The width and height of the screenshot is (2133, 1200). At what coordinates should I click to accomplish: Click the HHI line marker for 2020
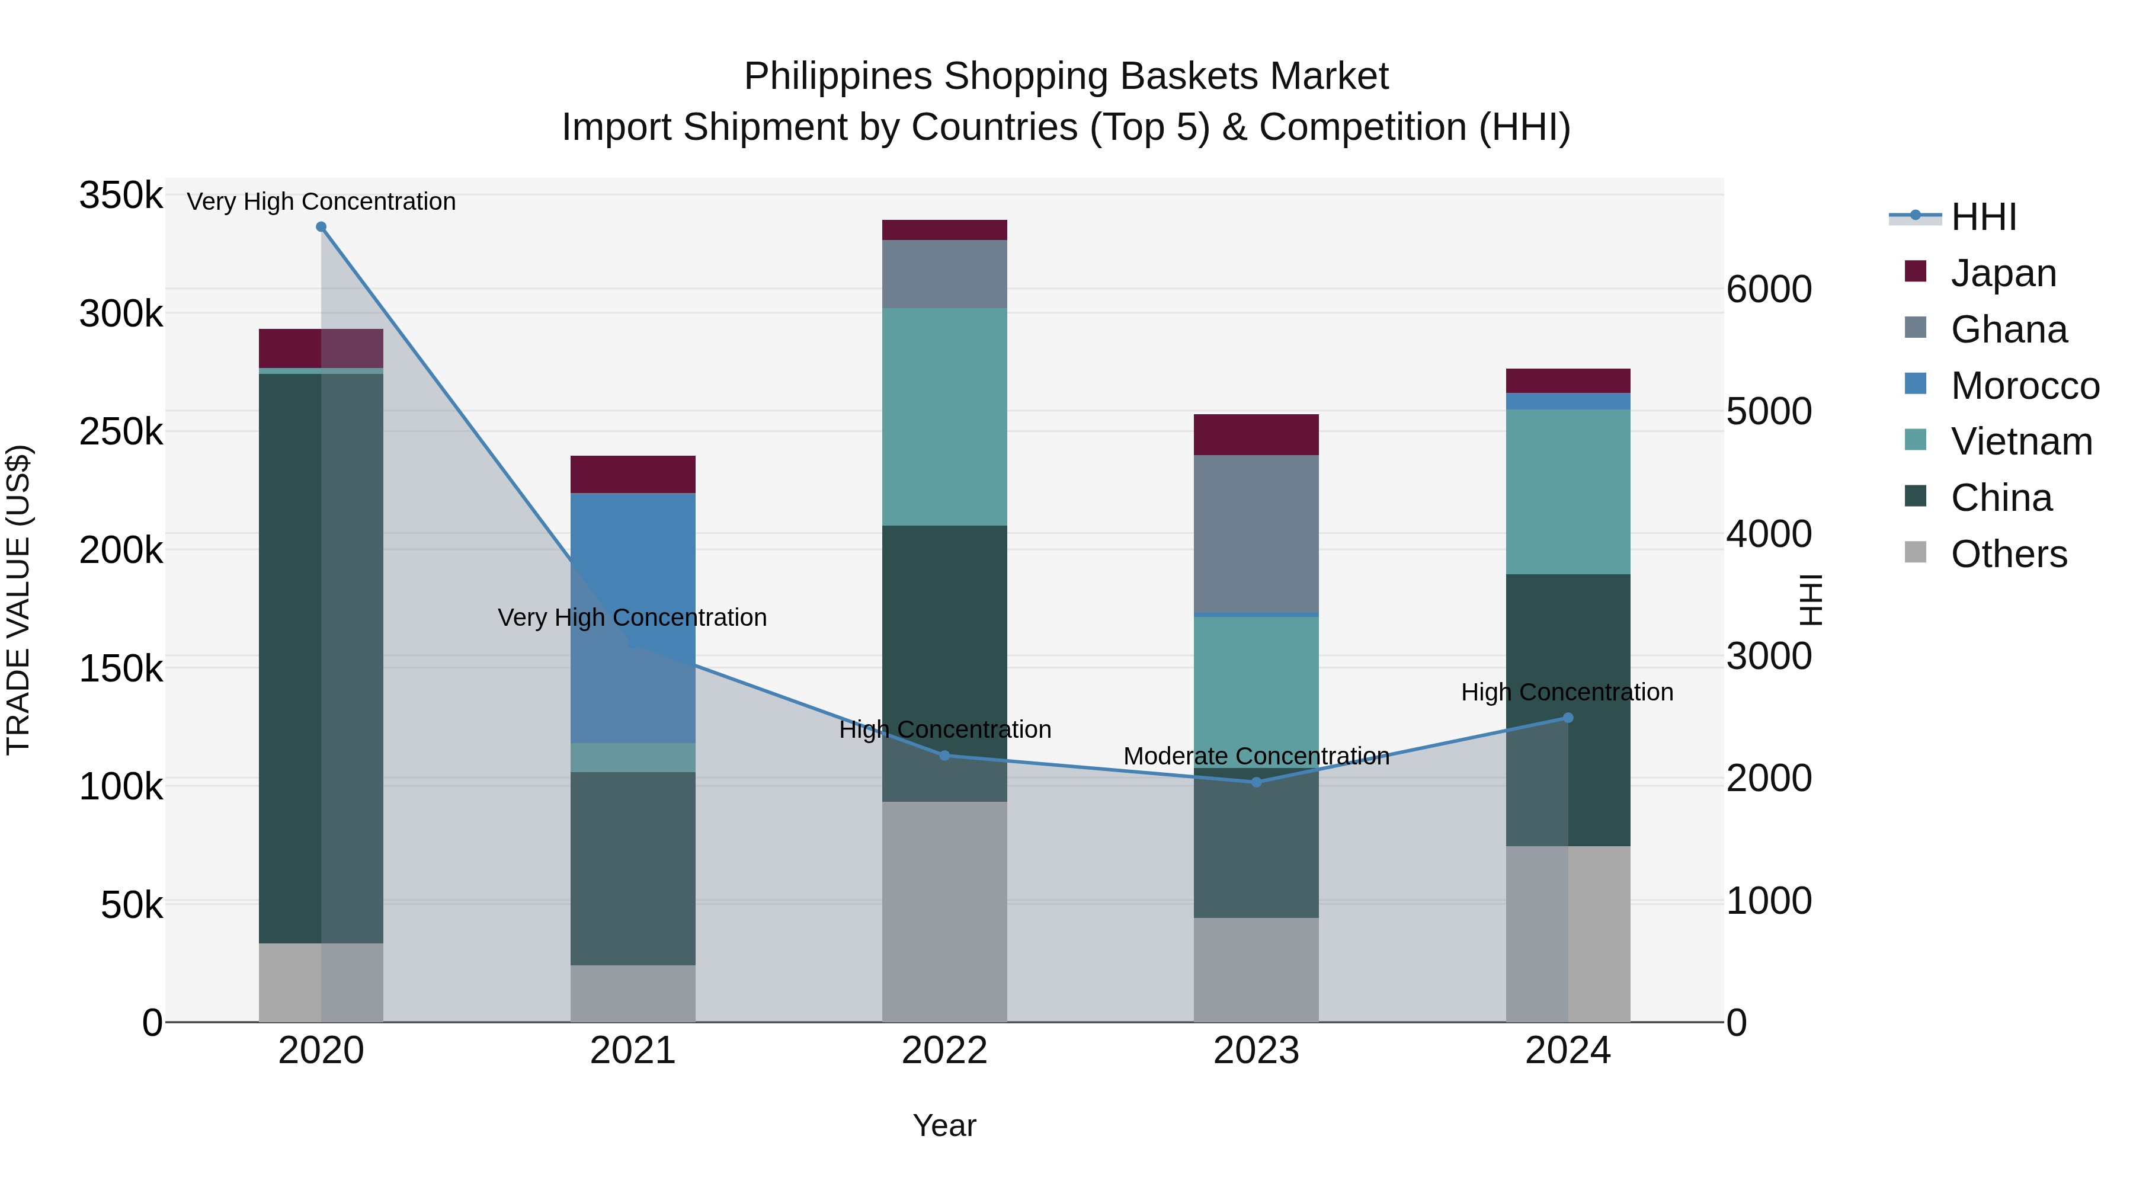321,227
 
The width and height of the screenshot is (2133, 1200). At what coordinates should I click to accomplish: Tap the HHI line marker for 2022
945,756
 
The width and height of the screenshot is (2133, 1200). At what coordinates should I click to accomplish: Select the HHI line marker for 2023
1256,782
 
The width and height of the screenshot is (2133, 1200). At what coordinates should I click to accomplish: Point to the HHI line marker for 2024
1567,718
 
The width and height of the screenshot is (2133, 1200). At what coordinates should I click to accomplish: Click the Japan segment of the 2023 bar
1256,435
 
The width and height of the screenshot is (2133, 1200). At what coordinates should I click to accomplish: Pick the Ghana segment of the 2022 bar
945,274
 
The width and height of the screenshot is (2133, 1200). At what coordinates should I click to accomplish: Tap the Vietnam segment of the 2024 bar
1567,492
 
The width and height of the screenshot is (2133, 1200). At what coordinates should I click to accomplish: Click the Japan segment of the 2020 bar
321,348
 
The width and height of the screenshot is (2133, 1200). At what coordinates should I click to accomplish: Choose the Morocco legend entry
2025,386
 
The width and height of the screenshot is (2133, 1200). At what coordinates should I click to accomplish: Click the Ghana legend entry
2009,329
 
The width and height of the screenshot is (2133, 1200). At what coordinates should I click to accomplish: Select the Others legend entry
2009,554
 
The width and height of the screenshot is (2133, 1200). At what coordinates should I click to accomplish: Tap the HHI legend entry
1983,217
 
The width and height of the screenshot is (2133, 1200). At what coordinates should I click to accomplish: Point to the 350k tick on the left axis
121,196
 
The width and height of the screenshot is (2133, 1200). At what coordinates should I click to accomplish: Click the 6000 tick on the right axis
1769,289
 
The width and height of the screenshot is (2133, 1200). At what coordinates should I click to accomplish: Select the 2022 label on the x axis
945,1051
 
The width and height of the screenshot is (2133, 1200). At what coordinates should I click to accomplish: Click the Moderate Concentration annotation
1256,756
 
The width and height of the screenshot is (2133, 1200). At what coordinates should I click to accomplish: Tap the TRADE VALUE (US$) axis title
19,600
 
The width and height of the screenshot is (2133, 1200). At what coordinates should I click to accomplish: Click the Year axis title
945,1125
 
